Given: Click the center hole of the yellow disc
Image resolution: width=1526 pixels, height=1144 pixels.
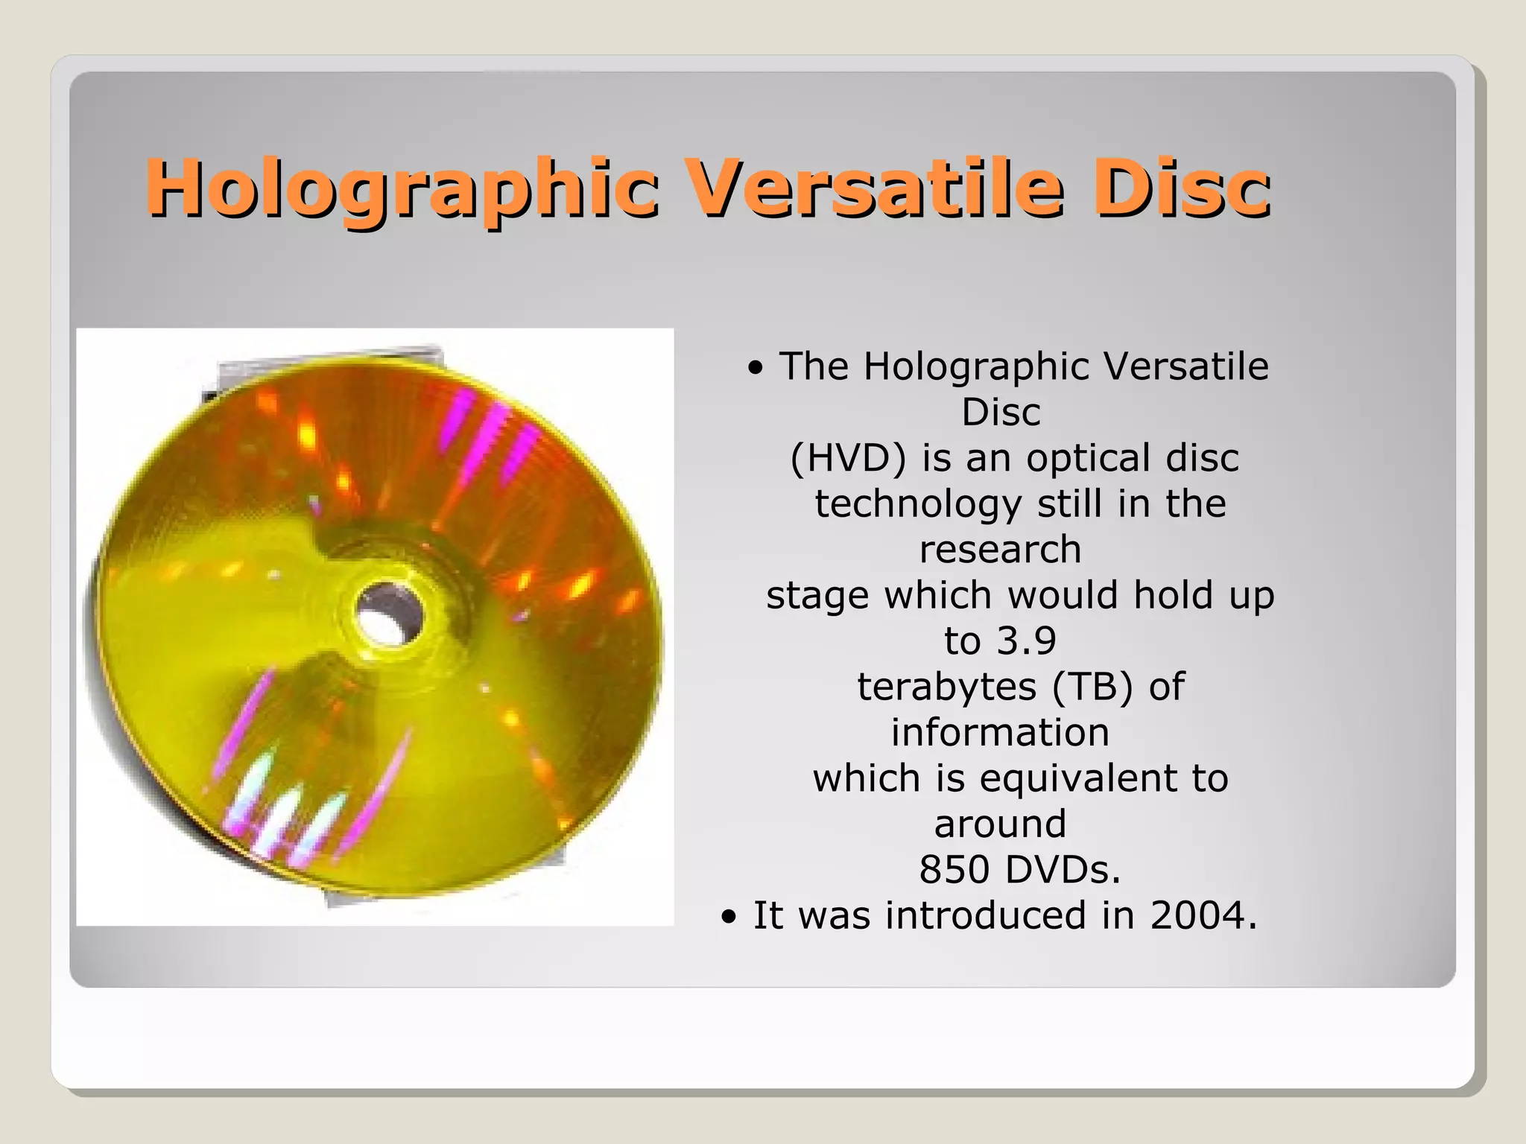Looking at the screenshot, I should (x=387, y=615).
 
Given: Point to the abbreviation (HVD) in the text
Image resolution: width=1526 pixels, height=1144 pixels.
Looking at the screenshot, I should (x=848, y=458).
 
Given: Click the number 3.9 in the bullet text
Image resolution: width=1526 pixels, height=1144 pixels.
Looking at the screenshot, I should (x=1026, y=641).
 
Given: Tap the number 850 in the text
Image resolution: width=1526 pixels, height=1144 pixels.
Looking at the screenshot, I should (x=954, y=870).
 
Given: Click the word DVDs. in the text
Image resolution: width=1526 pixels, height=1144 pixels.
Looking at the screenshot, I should (x=1063, y=870).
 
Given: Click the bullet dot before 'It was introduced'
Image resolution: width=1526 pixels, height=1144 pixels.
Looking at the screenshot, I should (x=729, y=918).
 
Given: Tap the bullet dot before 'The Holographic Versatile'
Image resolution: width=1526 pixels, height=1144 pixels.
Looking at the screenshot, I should (x=756, y=368).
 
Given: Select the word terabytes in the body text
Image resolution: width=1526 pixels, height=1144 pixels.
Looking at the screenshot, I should (x=946, y=687).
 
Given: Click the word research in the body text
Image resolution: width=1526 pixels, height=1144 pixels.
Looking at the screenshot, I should (x=1000, y=550).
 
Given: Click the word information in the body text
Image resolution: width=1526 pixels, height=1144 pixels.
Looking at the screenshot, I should (x=1000, y=733).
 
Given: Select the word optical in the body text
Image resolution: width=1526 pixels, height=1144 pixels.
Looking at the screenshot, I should (x=1088, y=458).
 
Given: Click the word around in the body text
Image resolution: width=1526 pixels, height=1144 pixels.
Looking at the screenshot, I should (x=1000, y=824).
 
